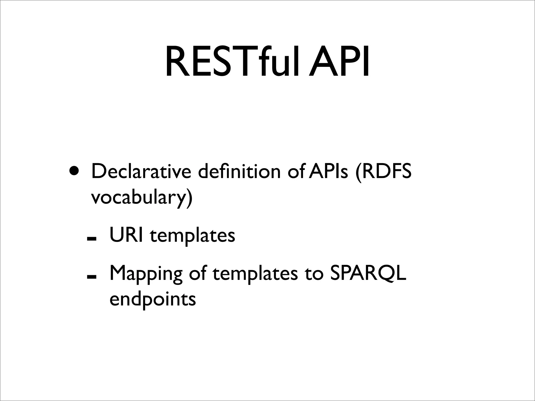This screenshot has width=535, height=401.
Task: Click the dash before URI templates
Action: tap(92, 238)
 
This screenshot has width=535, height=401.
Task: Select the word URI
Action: tap(126, 235)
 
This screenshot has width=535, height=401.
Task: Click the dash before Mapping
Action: tap(92, 276)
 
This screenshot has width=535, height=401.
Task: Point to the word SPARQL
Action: tap(368, 273)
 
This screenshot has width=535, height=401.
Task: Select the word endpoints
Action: tap(153, 300)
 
